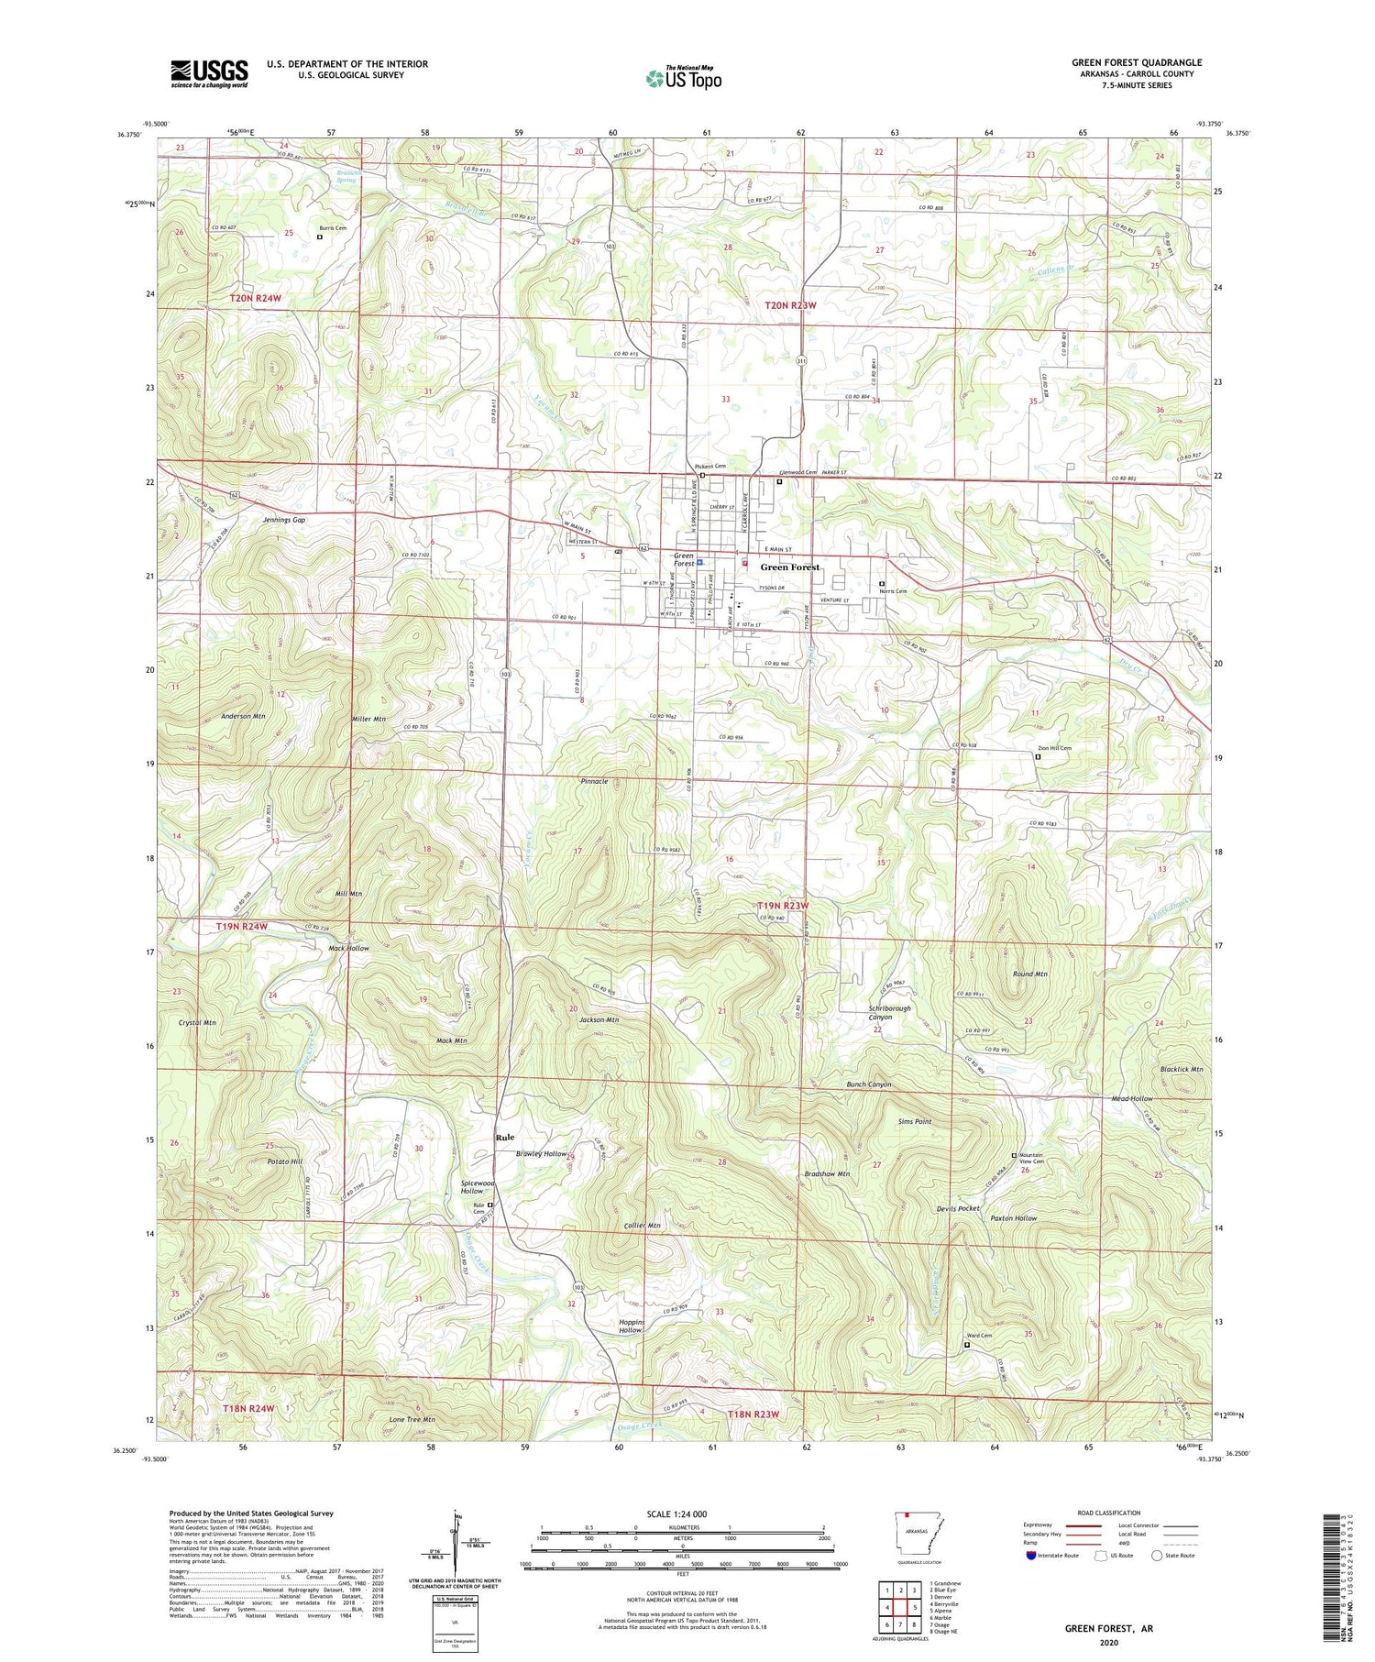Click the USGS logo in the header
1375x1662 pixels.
pyautogui.click(x=209, y=73)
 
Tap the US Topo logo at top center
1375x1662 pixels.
pyautogui.click(x=683, y=78)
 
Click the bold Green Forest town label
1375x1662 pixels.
pyautogui.click(x=789, y=567)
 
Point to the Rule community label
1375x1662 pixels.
pyautogui.click(x=504, y=1138)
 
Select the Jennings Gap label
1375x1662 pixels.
pyautogui.click(x=284, y=520)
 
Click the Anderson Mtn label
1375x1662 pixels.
pyautogui.click(x=243, y=715)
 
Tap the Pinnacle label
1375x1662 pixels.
pyautogui.click(x=595, y=781)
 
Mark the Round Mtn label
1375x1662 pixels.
pyautogui.click(x=1030, y=974)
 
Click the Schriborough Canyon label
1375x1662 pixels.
pyautogui.click(x=889, y=1012)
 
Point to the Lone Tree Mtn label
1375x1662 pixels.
pyautogui.click(x=412, y=1419)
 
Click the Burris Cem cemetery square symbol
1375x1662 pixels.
pyautogui.click(x=319, y=237)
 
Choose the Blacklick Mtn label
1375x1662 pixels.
pyautogui.click(x=1181, y=1069)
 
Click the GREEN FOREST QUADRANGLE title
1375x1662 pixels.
pyautogui.click(x=1137, y=62)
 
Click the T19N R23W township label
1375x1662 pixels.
pyautogui.click(x=784, y=905)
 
